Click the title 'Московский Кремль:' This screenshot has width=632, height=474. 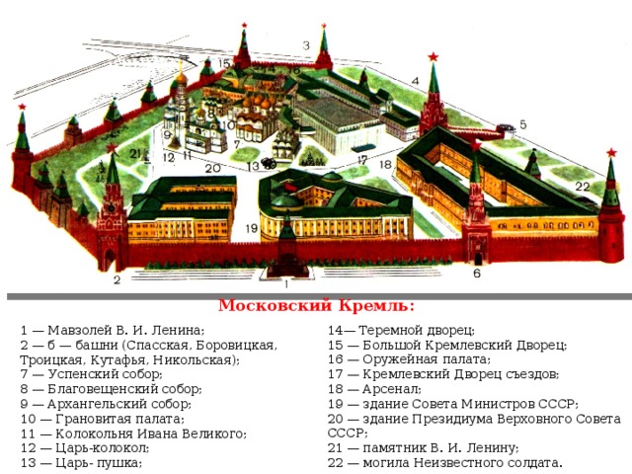pos(316,306)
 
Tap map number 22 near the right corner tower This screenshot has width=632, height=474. pos(583,187)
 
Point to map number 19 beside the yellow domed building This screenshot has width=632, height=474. pos(252,228)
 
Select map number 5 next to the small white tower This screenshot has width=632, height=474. pos(522,124)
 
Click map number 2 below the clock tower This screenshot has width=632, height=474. pos(117,279)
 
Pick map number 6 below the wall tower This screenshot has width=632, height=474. pos(477,274)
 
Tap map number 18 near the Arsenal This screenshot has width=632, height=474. pos(386,165)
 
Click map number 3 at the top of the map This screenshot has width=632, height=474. pos(306,45)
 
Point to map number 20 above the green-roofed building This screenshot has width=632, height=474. pos(213,168)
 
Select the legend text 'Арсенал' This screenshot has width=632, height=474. pos(392,389)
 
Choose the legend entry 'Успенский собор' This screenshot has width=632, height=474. pos(106,374)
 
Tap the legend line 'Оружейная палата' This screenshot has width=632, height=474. pos(427,359)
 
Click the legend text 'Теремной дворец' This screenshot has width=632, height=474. pos(417,330)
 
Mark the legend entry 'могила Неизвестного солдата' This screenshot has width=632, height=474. pos(462,463)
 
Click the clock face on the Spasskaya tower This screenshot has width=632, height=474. pos(112,208)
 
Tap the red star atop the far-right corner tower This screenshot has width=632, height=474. pos(611,153)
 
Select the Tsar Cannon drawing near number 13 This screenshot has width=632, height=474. pos(268,163)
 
